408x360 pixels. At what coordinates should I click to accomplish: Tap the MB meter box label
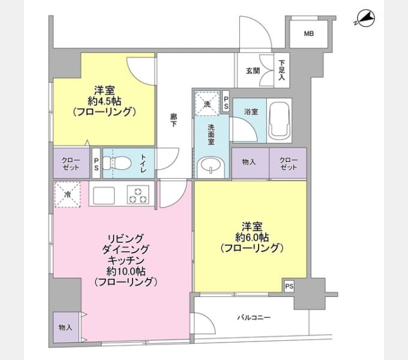pos(308,34)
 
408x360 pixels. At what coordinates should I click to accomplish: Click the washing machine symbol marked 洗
pos(206,104)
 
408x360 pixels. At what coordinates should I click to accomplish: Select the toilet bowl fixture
pos(117,163)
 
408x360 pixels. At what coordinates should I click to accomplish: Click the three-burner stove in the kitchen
pos(138,195)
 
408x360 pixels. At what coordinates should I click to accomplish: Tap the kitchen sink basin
pos(103,196)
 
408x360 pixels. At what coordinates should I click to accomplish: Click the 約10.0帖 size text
pos(125,271)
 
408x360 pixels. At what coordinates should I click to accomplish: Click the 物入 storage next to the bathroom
pos(249,163)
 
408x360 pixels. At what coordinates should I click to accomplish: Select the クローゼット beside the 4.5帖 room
pos(71,163)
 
